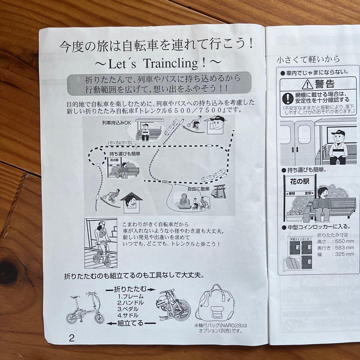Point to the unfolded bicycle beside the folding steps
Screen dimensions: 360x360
tap(85, 308)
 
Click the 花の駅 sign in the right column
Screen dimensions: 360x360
tap(299, 182)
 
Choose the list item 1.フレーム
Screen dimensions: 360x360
tap(130, 296)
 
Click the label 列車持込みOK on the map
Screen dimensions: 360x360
tap(117, 122)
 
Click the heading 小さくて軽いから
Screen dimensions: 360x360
tap(308, 59)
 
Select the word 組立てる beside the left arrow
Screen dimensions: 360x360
tap(130, 323)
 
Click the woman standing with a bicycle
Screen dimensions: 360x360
tap(100, 240)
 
